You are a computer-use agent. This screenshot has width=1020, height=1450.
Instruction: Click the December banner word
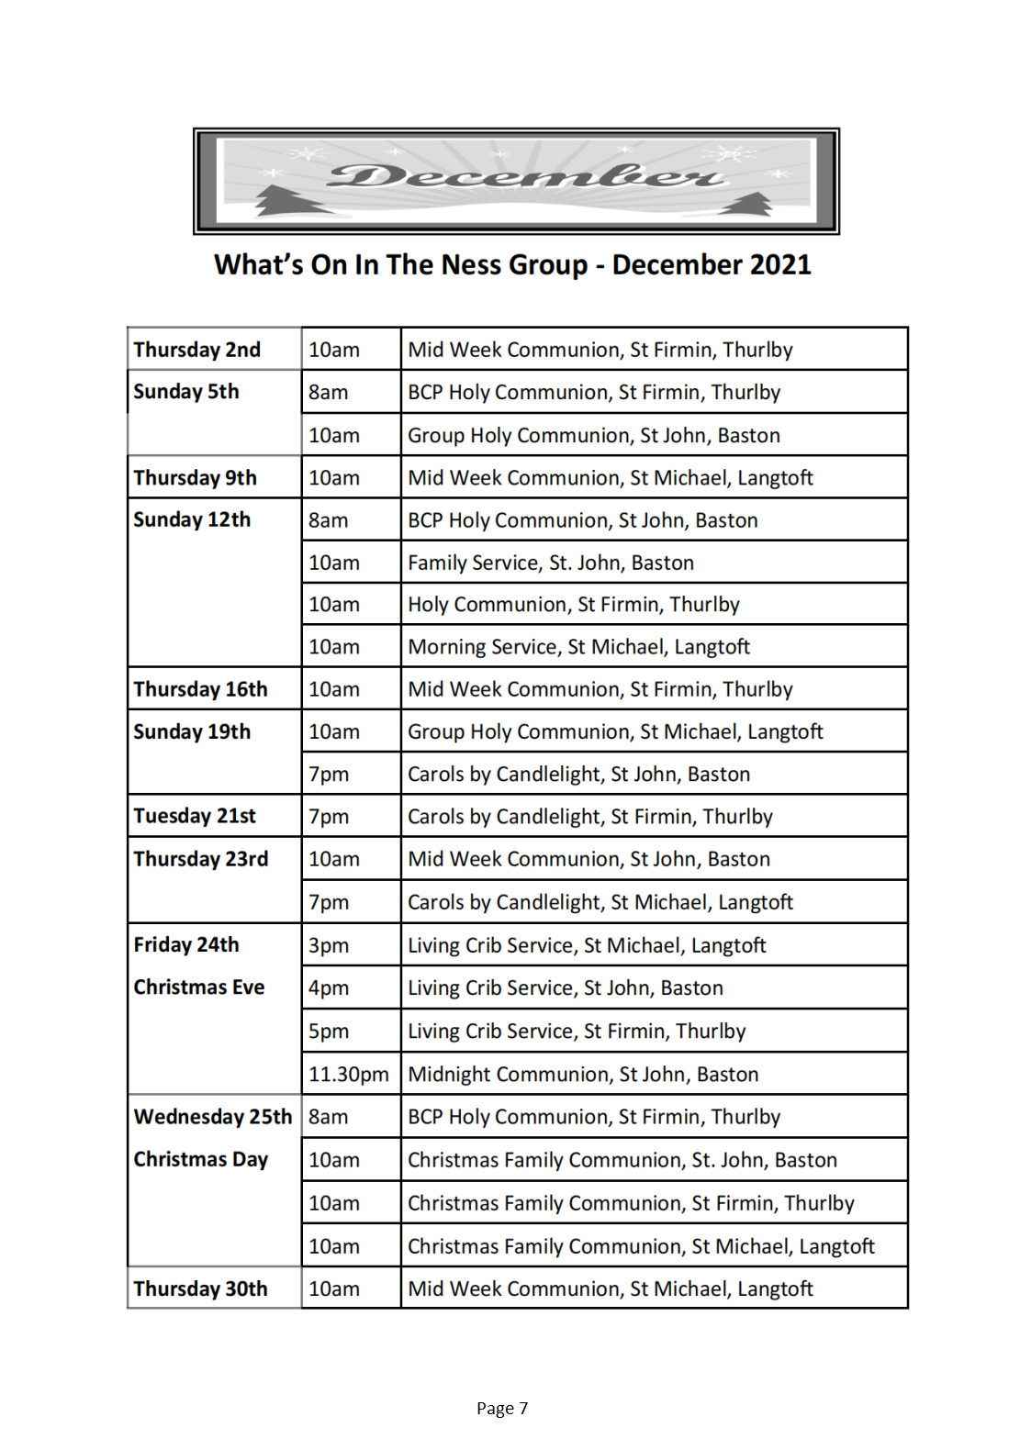coord(524,175)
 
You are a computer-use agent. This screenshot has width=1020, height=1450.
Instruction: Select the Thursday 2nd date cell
coord(197,350)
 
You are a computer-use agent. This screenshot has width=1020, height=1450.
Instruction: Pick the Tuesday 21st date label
coord(195,816)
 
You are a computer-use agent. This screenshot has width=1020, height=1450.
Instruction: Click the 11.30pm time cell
coord(349,1074)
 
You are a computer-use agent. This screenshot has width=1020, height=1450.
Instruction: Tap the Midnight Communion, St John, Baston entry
coord(583,1074)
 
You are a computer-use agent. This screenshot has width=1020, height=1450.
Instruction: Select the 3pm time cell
coord(329,945)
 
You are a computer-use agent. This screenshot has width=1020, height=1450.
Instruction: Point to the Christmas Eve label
coord(199,987)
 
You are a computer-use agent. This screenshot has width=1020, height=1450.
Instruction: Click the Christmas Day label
coord(201,1159)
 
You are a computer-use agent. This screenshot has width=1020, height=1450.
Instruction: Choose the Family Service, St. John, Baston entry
coord(551,563)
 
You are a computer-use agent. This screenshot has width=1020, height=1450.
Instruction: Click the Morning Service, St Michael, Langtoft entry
coord(578,647)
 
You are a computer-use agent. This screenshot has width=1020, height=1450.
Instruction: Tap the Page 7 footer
coord(502,1409)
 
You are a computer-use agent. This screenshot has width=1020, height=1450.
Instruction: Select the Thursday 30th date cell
coord(201,1288)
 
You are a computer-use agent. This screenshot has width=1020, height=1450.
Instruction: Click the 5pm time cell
coord(329,1032)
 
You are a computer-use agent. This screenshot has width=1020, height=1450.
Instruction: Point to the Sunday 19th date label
coord(192,731)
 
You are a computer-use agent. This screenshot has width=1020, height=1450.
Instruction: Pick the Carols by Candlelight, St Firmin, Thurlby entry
coord(590,817)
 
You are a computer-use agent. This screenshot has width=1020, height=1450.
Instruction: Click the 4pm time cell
coord(329,988)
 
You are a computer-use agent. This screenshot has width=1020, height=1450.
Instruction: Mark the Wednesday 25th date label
coord(213,1117)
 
